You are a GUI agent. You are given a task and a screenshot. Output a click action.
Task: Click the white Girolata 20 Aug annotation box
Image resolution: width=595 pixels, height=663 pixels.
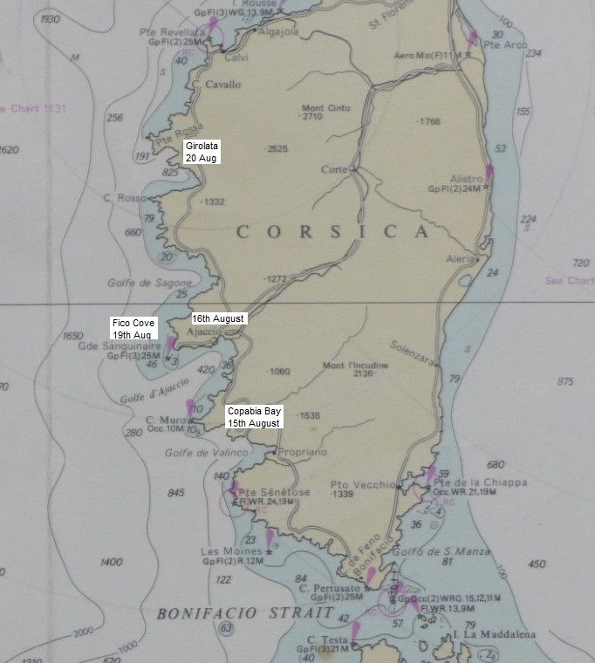[x=201, y=151]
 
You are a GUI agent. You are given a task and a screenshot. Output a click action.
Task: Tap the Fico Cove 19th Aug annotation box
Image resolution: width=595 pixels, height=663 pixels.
[x=133, y=329]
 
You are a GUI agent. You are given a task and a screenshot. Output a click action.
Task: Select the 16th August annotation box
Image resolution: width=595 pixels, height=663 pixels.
[x=218, y=318]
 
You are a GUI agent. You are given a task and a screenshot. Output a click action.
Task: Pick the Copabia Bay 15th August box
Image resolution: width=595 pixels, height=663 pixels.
[x=253, y=416]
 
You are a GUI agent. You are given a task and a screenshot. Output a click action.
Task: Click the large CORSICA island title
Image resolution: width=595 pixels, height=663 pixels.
[x=333, y=231]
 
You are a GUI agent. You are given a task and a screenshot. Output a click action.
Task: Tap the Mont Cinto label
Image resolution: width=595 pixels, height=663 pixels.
[x=326, y=107]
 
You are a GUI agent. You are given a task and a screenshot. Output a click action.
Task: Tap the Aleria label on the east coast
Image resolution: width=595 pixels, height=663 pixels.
[x=462, y=259]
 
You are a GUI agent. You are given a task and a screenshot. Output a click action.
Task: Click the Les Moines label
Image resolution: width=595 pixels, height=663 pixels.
[x=220, y=551]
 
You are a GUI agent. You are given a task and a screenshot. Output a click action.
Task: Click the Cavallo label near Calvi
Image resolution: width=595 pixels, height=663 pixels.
[x=223, y=85]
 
